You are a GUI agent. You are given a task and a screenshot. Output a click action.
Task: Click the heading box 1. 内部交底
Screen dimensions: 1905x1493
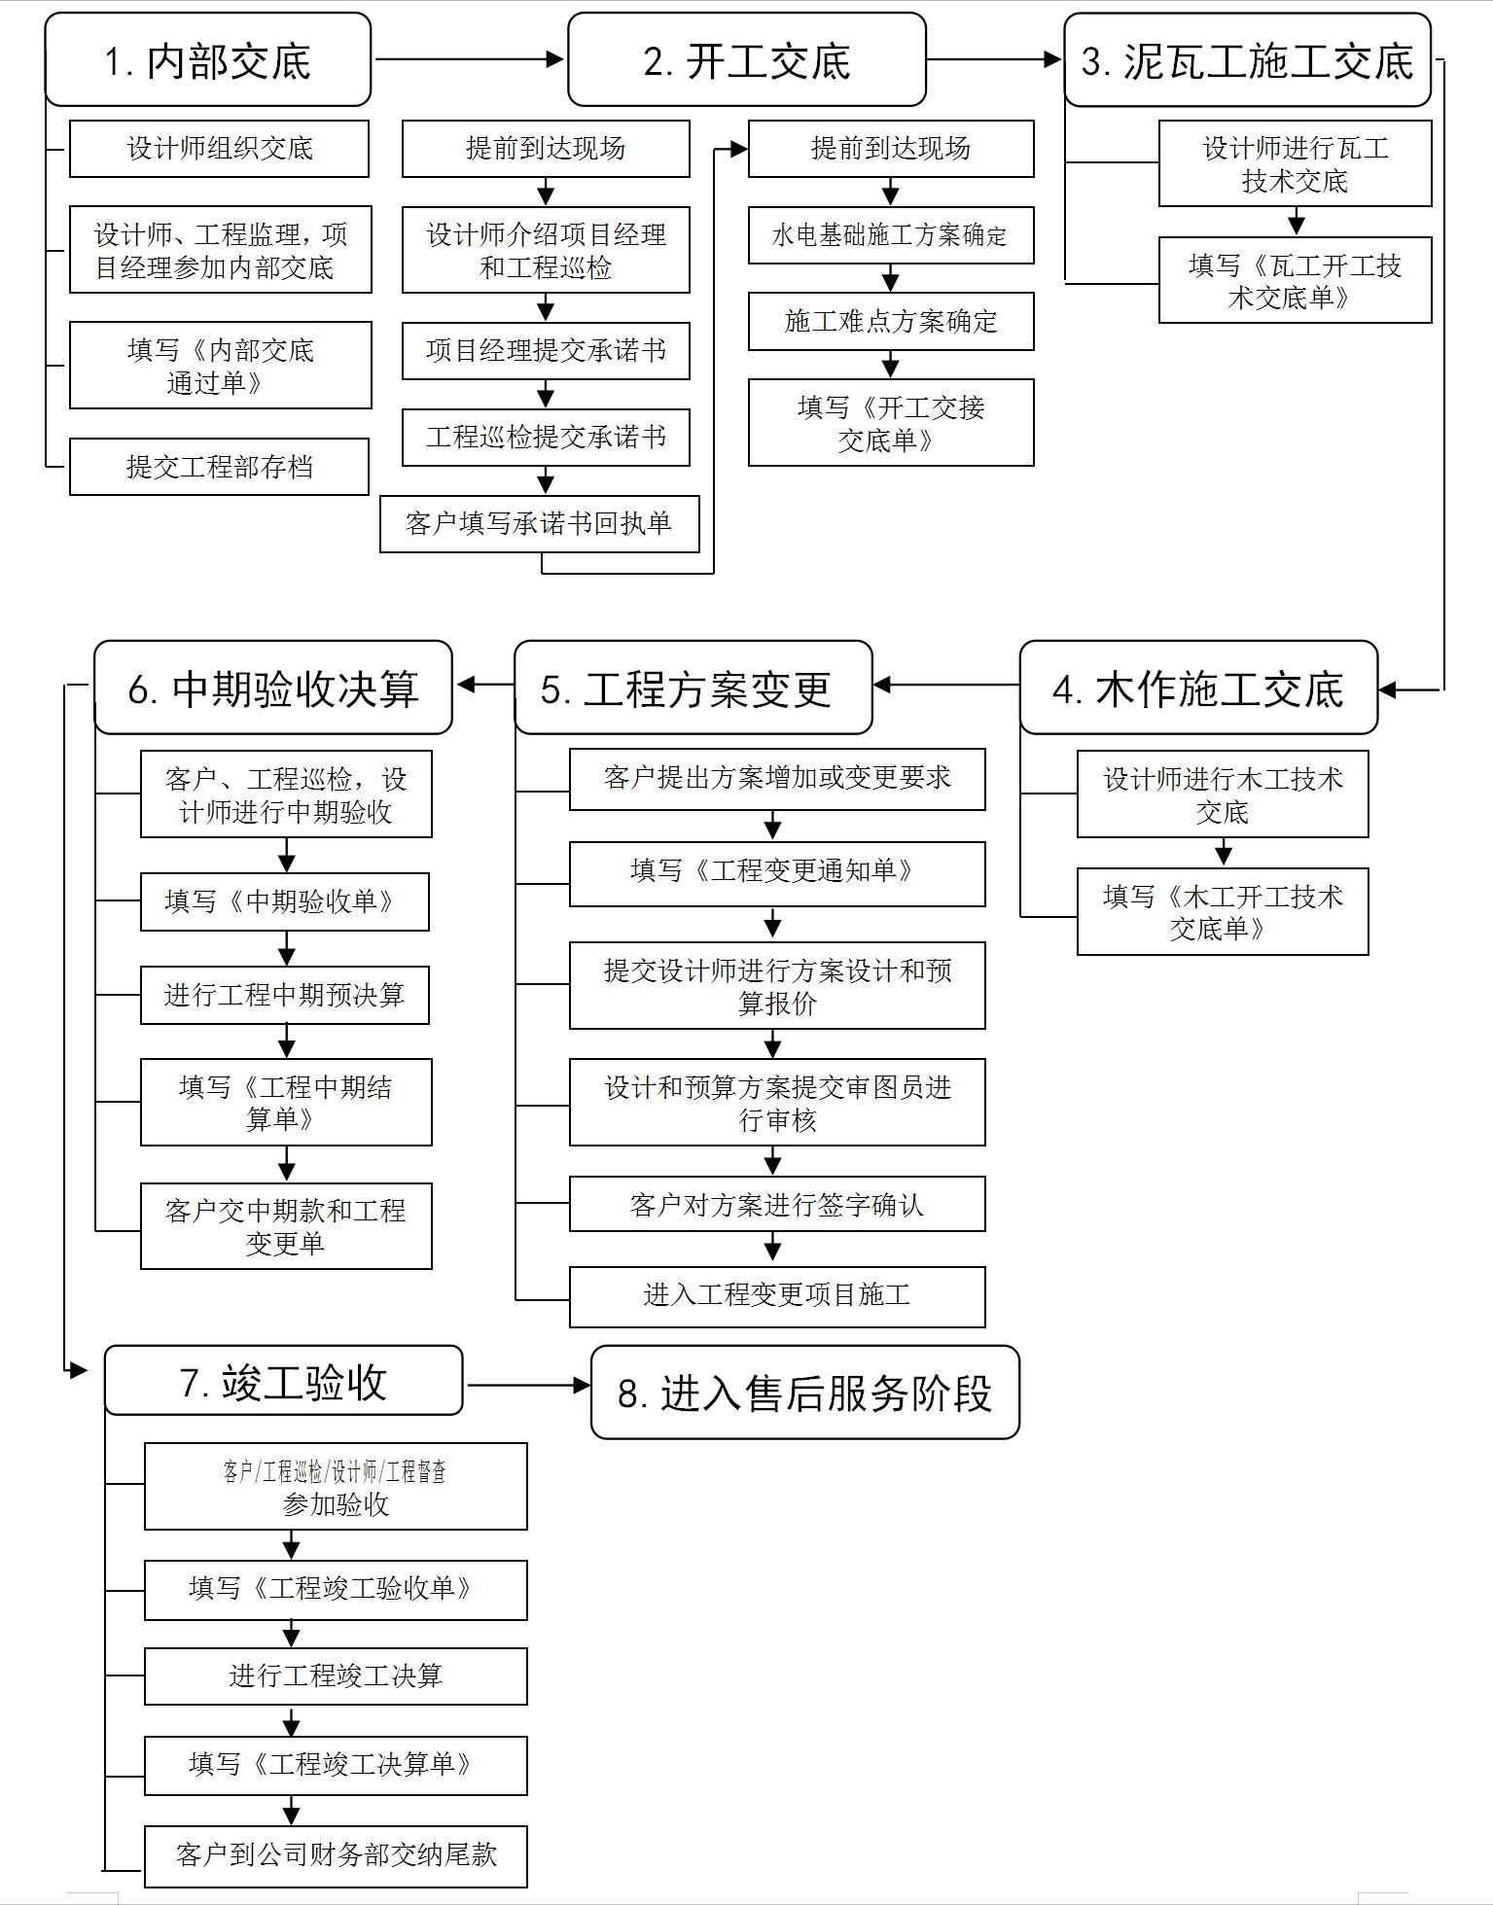[207, 60]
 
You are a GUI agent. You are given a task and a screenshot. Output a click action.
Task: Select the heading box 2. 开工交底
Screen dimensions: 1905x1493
[746, 60]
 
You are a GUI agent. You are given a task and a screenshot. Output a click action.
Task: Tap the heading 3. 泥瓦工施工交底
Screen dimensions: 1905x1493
[1247, 60]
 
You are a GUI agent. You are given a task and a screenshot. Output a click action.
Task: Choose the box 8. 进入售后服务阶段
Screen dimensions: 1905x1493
[804, 1392]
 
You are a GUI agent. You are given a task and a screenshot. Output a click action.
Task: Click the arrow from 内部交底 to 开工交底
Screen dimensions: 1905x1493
[469, 60]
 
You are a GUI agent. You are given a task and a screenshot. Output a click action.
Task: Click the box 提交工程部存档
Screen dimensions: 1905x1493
[219, 467]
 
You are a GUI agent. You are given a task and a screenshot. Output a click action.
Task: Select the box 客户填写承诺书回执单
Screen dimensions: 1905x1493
[539, 524]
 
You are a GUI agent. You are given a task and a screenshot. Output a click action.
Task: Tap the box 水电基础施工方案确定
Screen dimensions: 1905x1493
[890, 235]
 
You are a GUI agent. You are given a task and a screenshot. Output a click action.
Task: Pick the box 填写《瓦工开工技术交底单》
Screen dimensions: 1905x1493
[1295, 280]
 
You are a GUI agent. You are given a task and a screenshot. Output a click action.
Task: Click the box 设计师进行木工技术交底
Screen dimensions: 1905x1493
[1222, 794]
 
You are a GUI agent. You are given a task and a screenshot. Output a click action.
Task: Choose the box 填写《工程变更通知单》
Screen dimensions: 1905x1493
[776, 871]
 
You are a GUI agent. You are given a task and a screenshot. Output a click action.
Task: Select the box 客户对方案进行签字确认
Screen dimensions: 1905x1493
[776, 1205]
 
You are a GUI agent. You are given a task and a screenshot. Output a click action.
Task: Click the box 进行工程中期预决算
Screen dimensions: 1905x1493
[284, 995]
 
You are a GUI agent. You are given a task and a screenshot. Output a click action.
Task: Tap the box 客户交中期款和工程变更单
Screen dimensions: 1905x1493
[285, 1225]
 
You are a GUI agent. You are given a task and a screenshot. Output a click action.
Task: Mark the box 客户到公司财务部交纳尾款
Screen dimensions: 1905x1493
[336, 1854]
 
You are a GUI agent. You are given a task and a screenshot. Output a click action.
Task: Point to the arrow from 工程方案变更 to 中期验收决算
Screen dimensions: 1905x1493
[484, 685]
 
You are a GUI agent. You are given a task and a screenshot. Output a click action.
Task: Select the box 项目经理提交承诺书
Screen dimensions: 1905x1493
[546, 351]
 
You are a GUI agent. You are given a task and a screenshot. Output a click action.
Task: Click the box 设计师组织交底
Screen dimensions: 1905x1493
[219, 149]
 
